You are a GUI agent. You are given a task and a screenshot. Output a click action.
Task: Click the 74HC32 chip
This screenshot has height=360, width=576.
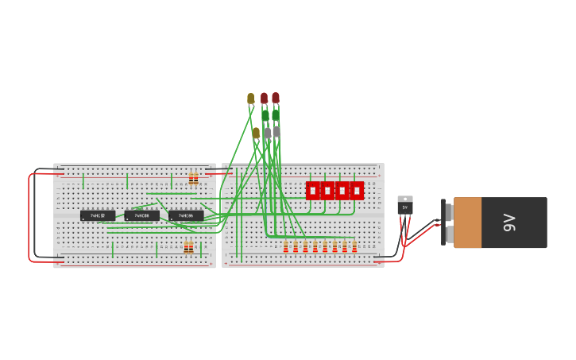tap(98, 215)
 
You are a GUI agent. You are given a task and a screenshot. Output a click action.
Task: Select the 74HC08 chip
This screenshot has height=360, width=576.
tap(141, 215)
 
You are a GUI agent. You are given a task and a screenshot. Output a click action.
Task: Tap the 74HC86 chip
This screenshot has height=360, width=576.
tap(186, 215)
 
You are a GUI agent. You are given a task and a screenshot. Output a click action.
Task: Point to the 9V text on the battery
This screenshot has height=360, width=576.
tap(509, 223)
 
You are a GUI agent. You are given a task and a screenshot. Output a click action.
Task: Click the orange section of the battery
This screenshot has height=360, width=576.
tap(468, 223)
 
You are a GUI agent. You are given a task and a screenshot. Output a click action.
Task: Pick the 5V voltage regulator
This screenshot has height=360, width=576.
tap(405, 205)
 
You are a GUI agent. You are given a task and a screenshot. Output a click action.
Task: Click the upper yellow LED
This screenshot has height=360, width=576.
tap(251, 99)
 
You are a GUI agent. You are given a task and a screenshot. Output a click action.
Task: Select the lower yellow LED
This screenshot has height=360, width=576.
tap(256, 133)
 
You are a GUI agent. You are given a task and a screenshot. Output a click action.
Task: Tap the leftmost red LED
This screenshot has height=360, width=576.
tap(265, 99)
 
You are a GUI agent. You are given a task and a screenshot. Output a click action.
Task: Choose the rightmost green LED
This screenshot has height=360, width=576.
tap(276, 116)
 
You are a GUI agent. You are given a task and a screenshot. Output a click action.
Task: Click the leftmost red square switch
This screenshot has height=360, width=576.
tap(313, 191)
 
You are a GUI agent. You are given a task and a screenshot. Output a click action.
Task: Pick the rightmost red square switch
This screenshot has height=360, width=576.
tap(357, 191)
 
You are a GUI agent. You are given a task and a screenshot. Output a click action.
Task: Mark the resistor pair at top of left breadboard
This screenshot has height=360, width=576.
tap(193, 177)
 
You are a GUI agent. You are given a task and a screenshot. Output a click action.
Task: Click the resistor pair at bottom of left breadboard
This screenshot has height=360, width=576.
tap(188, 247)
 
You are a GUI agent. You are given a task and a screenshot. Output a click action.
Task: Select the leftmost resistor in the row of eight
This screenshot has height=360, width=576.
tap(286, 247)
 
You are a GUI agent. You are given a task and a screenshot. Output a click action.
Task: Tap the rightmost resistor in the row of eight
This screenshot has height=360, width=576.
tap(354, 247)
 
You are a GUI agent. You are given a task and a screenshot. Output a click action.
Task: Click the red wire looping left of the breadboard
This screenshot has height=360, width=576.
tap(29, 219)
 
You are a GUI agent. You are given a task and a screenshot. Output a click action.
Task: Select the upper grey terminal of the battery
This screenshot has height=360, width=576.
tap(449, 211)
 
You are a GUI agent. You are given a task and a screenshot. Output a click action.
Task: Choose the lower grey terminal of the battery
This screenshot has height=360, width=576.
tap(449, 235)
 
